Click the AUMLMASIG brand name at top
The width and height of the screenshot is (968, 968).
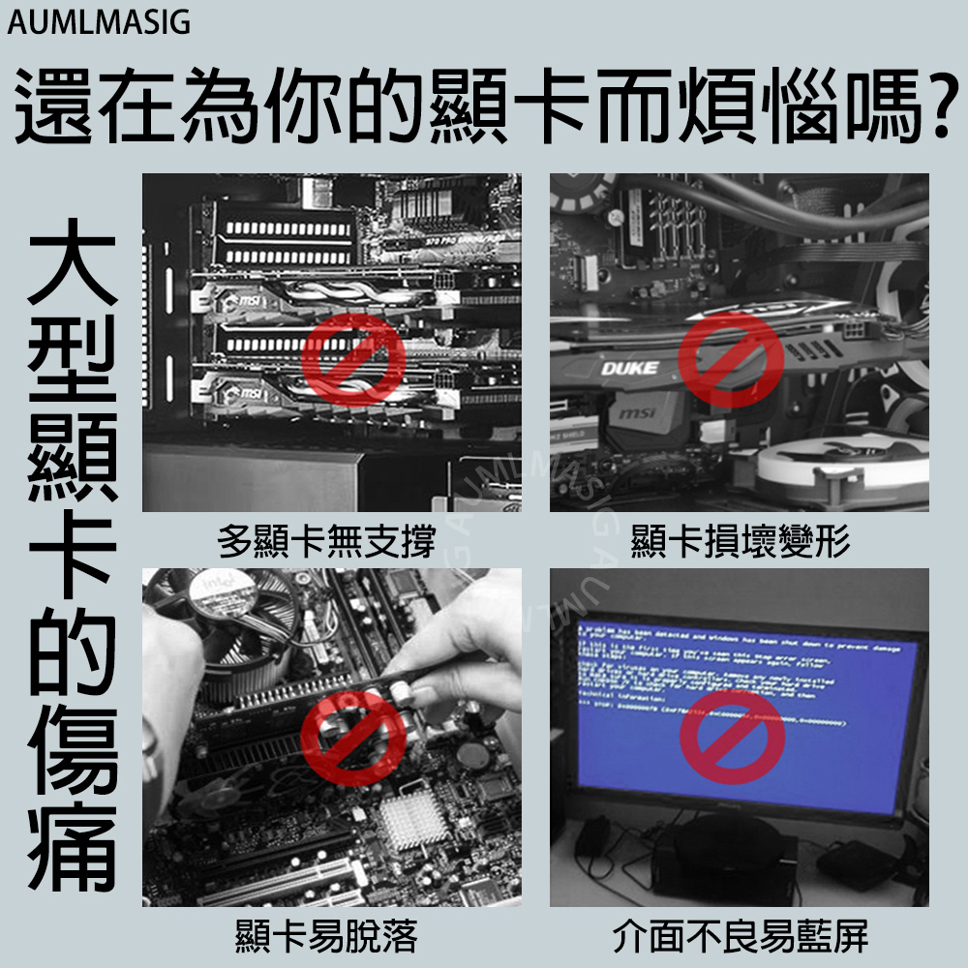[100, 22]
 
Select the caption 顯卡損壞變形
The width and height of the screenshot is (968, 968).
[741, 542]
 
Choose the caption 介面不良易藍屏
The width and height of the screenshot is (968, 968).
[741, 937]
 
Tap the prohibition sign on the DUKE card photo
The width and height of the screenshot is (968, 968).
[731, 360]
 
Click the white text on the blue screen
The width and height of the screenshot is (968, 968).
[716, 668]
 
